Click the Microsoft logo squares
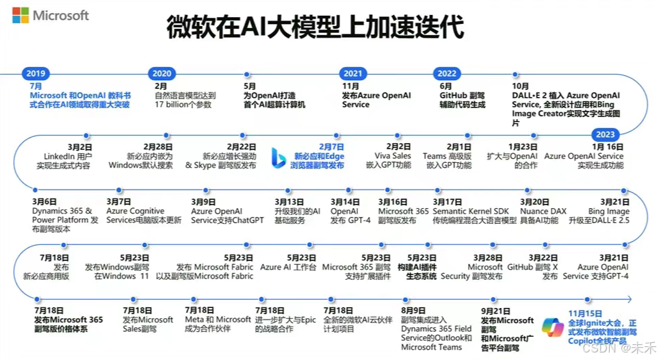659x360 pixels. tap(21, 15)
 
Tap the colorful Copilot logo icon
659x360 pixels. tap(552, 327)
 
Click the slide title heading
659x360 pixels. tap(315, 28)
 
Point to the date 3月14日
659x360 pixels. tap(345, 202)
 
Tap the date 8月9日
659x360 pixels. tap(413, 310)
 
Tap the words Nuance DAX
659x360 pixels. tap(543, 211)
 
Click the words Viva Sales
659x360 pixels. tap(393, 156)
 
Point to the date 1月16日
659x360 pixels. tap(608, 146)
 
